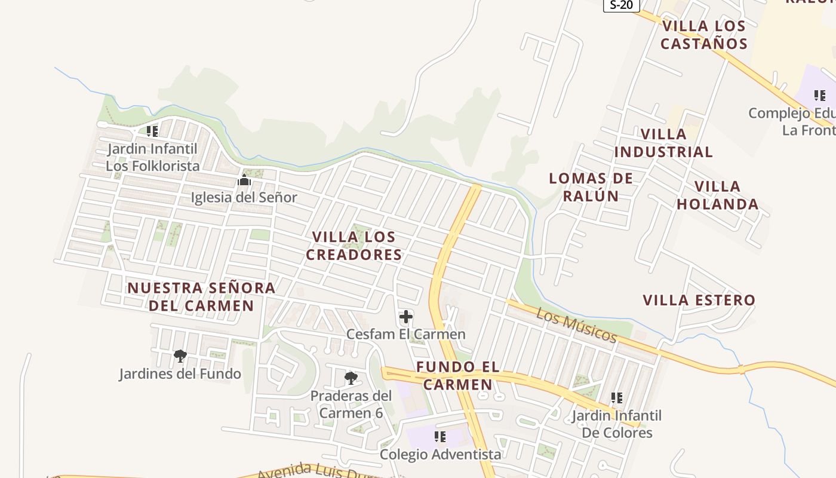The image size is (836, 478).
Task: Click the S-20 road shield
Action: tap(622, 5)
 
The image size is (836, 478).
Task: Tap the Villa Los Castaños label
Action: tap(704, 35)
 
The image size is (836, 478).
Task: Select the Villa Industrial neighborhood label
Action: tap(663, 143)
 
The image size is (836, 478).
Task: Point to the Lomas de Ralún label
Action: tap(591, 186)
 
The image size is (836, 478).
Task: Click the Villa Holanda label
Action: tap(717, 195)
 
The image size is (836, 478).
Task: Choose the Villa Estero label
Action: tap(699, 300)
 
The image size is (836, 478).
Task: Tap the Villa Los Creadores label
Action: tap(354, 246)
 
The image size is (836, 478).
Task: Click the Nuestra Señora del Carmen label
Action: tap(201, 296)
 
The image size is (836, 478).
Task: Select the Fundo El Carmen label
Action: tap(458, 375)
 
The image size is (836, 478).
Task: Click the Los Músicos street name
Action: tap(576, 325)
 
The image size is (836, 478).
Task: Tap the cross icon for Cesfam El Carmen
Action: tap(406, 317)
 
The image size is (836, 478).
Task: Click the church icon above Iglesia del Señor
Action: tap(244, 180)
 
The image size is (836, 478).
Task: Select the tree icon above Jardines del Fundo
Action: tap(180, 356)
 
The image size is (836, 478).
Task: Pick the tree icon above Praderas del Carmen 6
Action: tap(351, 378)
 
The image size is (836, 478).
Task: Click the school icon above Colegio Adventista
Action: tap(440, 437)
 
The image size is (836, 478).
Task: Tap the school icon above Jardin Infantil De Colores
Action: tap(617, 397)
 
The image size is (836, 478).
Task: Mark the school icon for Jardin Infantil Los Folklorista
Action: tap(152, 131)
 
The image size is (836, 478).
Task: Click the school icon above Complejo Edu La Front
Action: tap(820, 95)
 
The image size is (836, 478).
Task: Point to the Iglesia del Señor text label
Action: tap(244, 197)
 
